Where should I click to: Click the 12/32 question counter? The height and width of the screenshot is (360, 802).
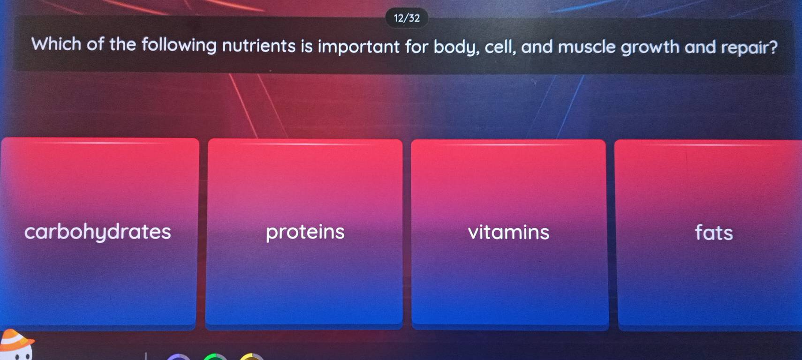point(407,18)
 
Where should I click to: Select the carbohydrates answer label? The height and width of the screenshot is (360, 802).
point(98,232)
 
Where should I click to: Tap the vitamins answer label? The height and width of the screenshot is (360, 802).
point(508,232)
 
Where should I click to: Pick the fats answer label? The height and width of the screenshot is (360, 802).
point(714,232)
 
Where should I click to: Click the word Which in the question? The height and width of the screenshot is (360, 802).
point(56,44)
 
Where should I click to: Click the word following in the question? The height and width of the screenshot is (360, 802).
point(179,45)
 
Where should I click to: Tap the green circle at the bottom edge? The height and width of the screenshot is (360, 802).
point(215,357)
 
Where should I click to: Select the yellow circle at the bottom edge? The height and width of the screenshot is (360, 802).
point(252,357)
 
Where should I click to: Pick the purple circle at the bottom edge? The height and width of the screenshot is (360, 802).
point(179,357)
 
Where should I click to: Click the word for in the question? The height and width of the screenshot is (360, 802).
point(416,47)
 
